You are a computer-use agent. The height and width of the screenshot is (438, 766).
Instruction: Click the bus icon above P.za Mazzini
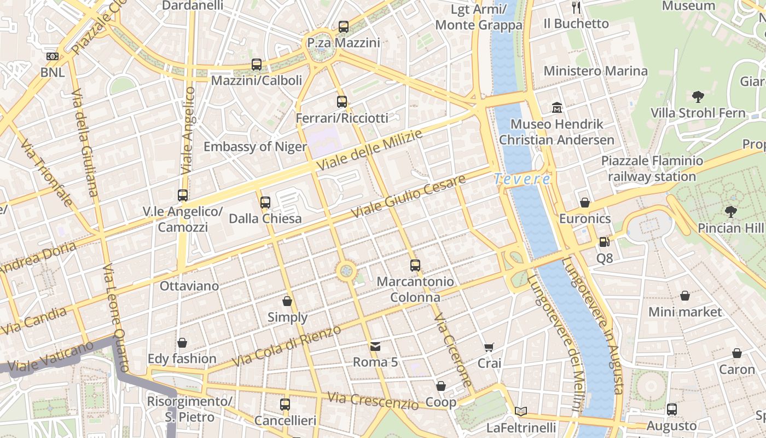(x=344, y=26)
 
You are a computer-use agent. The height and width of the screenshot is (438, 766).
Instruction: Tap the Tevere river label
(x=522, y=178)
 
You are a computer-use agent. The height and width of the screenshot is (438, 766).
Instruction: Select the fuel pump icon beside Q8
(x=604, y=241)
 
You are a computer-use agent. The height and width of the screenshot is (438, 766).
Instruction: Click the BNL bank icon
(x=53, y=56)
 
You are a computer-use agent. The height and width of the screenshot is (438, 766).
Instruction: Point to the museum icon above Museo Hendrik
(x=557, y=107)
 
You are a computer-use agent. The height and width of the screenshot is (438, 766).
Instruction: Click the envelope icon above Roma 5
(x=375, y=346)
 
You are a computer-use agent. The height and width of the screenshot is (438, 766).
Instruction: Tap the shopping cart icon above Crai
(x=489, y=347)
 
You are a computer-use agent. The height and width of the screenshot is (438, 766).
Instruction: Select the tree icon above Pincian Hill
(x=730, y=211)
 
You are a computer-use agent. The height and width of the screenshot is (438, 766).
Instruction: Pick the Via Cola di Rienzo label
(x=286, y=346)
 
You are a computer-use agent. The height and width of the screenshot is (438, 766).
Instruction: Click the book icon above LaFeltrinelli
(x=521, y=411)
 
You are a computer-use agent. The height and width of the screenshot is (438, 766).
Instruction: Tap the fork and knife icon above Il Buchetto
(x=576, y=7)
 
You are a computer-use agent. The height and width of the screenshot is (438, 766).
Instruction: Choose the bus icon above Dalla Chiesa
(x=265, y=202)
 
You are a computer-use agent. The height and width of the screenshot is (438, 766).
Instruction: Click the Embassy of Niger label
(x=255, y=147)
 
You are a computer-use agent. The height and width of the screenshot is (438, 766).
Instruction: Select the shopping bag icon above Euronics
(x=585, y=203)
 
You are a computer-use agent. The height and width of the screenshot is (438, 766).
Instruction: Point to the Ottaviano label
(x=189, y=286)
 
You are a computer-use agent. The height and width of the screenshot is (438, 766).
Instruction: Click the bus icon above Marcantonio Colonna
(x=415, y=266)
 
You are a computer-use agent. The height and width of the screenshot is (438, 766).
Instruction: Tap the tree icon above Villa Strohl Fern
(x=698, y=97)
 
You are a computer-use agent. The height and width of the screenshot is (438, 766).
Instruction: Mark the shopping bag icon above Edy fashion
(x=182, y=343)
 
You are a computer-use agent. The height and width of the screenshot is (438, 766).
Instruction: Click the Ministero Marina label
(x=595, y=71)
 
